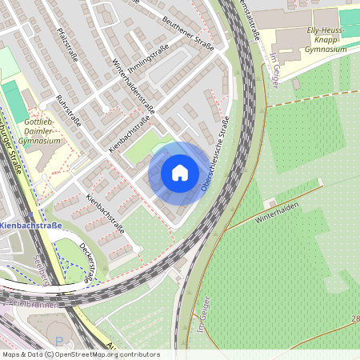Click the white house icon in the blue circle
point(179,173)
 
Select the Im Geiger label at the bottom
point(201,322)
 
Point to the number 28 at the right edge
point(354,319)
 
